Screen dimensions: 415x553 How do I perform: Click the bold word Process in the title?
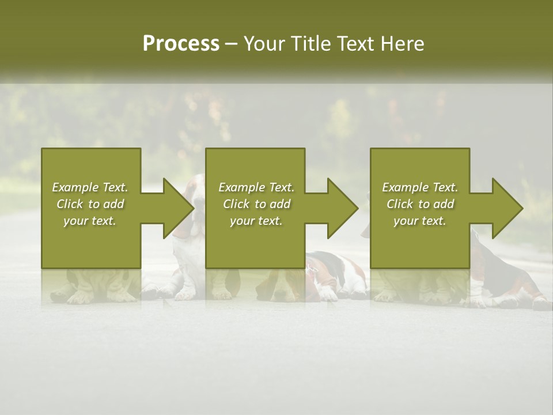pos(181,44)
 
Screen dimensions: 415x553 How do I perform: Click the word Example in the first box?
pos(75,187)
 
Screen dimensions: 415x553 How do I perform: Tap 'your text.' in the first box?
pos(90,221)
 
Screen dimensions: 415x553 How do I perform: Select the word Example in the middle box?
pos(242,187)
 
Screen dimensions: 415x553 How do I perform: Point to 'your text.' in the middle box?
pos(256,221)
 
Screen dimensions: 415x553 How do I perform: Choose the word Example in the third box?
pos(406,187)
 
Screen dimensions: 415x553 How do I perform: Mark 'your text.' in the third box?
pos(419,221)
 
